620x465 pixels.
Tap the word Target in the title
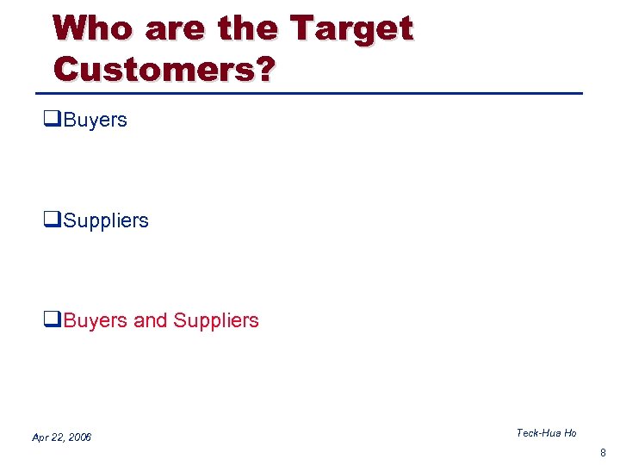(352, 30)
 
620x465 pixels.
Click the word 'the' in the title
(249, 28)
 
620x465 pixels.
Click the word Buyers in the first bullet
(95, 121)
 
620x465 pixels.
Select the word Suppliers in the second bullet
(106, 221)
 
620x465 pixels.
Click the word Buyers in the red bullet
(95, 320)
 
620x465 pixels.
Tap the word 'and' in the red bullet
(151, 320)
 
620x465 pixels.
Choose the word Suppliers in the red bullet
(216, 321)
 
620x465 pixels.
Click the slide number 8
(603, 452)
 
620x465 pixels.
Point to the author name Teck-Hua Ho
(546, 433)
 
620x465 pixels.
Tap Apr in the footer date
(40, 437)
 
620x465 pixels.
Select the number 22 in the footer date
(57, 437)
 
